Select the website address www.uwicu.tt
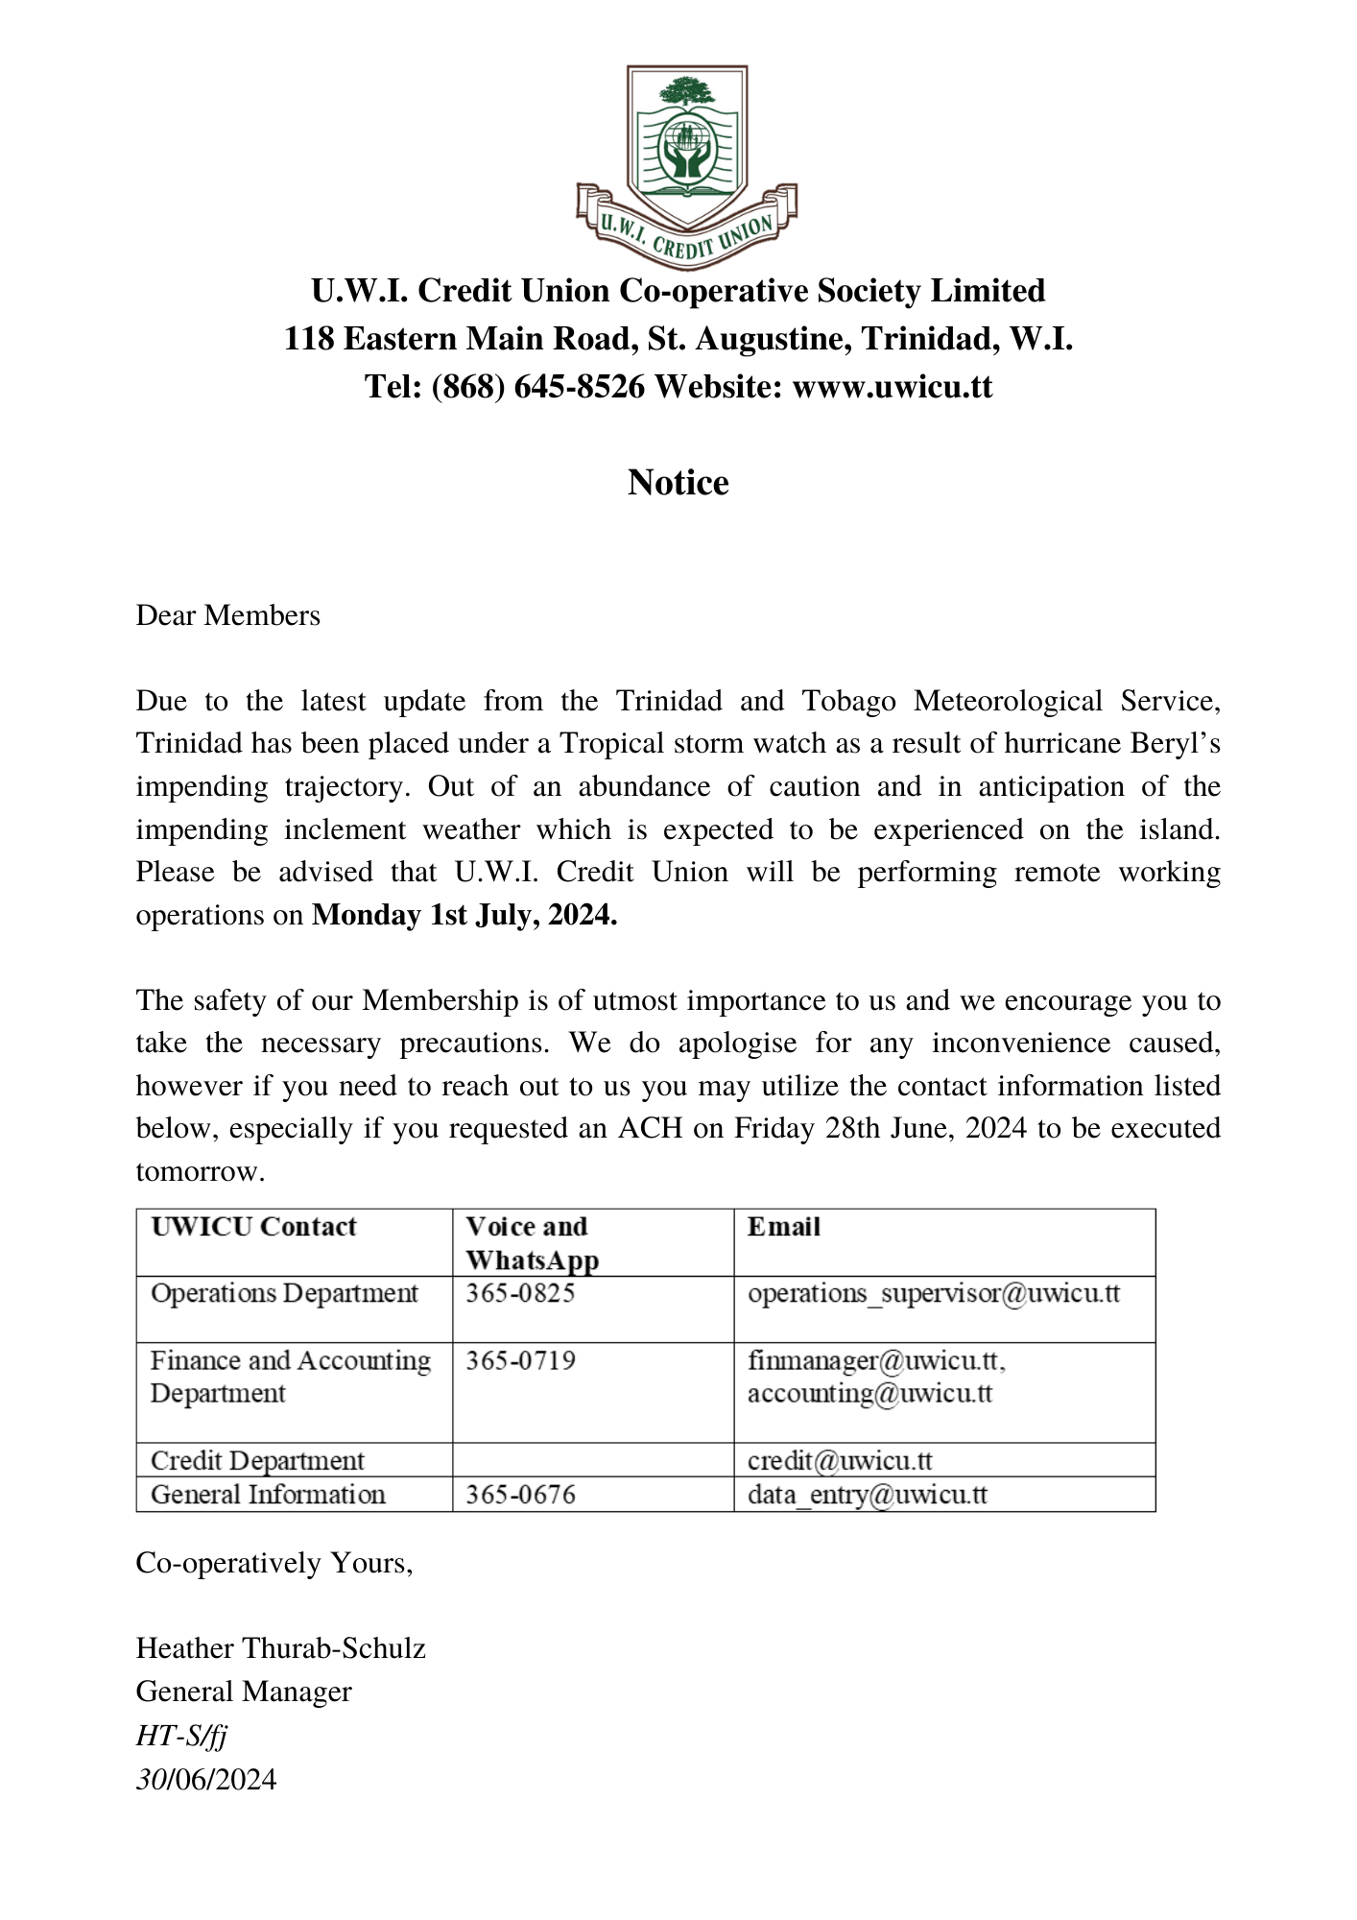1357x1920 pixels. click(x=892, y=387)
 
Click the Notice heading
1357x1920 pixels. click(x=678, y=482)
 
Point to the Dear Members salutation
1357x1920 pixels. click(x=228, y=615)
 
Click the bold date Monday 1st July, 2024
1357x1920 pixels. click(x=464, y=915)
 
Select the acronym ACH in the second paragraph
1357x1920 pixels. click(x=650, y=1128)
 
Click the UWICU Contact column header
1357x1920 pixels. click(x=254, y=1227)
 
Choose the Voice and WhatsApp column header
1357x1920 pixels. click(x=532, y=1243)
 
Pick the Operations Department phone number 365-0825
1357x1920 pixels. click(x=520, y=1293)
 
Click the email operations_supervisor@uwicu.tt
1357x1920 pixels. click(x=934, y=1293)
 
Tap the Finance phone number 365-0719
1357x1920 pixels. click(x=520, y=1360)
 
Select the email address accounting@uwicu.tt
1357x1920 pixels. click(x=869, y=1393)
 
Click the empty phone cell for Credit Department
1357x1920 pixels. click(x=593, y=1460)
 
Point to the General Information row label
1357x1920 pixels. click(x=269, y=1495)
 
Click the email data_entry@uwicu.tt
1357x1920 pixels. click(x=868, y=1495)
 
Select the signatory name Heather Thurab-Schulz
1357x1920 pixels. click(x=280, y=1648)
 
